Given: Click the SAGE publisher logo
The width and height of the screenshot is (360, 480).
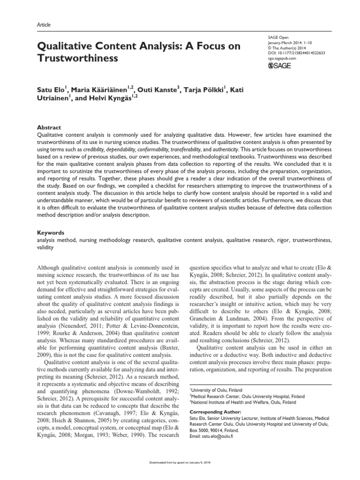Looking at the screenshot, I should coord(280,66).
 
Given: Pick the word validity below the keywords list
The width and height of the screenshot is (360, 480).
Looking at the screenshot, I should coord(45,247).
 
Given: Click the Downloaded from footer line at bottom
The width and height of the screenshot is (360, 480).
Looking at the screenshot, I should coord(180,472).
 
